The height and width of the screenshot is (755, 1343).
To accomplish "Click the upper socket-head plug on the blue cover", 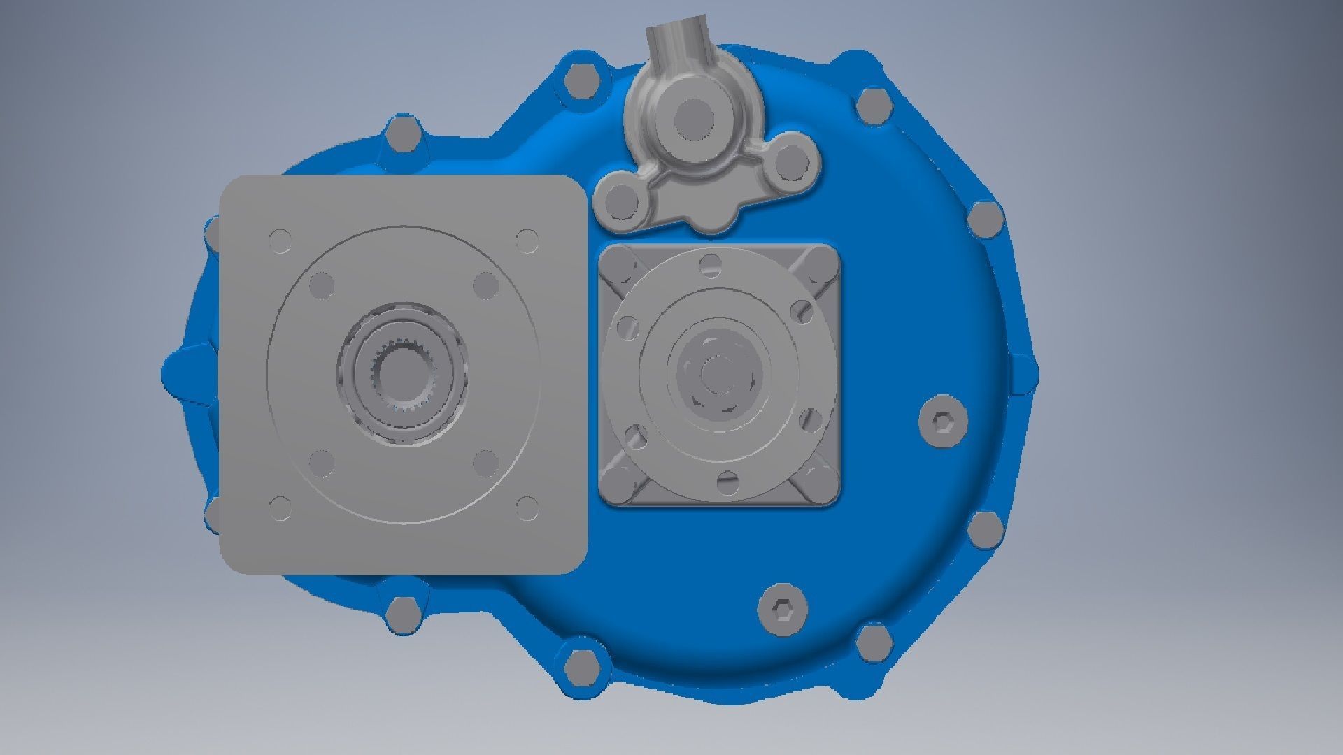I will (x=942, y=422).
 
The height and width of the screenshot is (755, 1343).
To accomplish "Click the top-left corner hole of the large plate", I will (x=280, y=240).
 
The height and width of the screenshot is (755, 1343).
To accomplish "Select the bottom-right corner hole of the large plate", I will (x=526, y=509).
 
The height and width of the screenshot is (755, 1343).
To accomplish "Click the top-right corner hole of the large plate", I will (x=526, y=240).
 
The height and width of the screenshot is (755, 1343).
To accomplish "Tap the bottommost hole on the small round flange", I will (x=727, y=481).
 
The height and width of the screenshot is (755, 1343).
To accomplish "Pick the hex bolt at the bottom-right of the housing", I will (x=874, y=642).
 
